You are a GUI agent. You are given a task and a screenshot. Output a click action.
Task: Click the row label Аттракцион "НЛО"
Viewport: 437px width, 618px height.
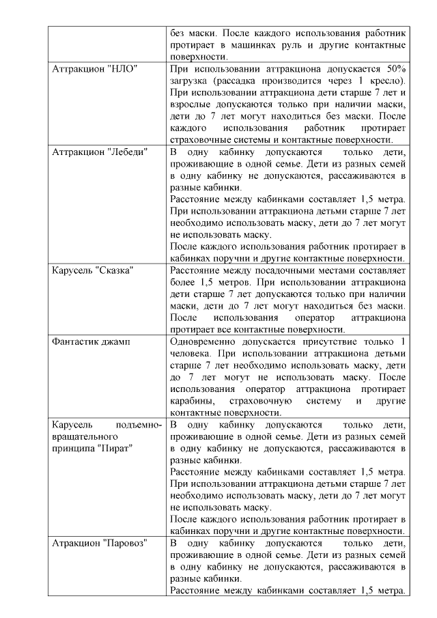pos(96,70)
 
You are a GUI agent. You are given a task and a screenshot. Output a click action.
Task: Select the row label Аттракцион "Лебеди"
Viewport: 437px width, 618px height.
pos(100,152)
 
